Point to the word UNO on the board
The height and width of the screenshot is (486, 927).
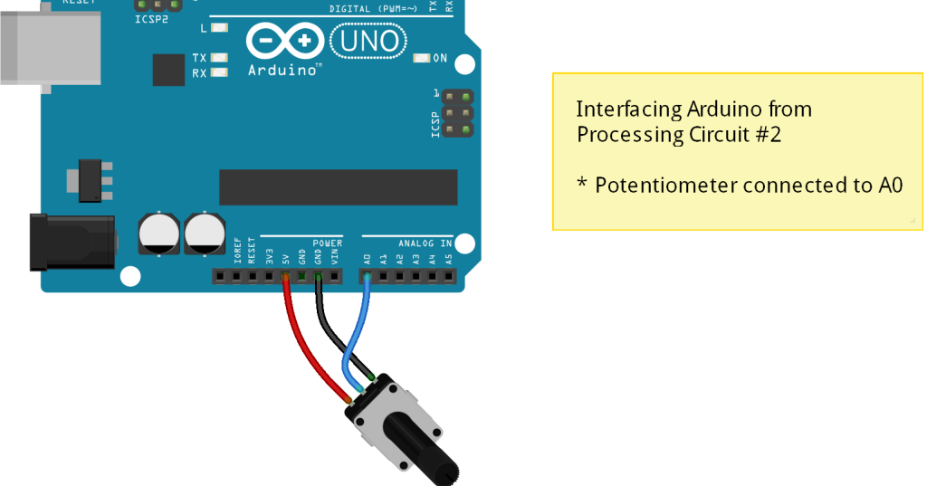tap(369, 40)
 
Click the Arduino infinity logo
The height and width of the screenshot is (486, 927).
tap(283, 41)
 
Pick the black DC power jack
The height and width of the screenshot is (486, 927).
tap(72, 242)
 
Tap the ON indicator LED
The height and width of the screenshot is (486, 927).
tap(421, 59)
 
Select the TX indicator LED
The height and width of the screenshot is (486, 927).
tap(217, 58)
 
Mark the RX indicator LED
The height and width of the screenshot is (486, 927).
tap(217, 73)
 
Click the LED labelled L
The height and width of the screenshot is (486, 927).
tap(217, 28)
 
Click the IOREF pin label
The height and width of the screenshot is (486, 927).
tap(237, 252)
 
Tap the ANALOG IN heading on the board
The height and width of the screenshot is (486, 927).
tap(425, 243)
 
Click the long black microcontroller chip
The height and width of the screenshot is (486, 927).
tap(338, 186)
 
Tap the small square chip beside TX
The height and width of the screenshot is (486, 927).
tap(168, 70)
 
